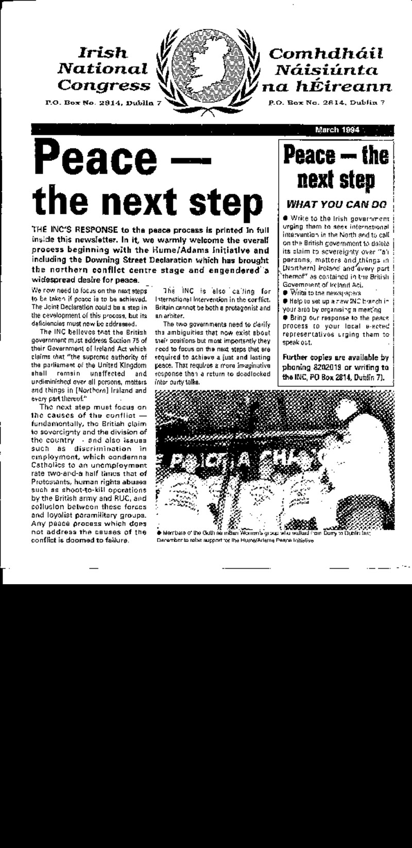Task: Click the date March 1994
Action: [337, 129]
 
